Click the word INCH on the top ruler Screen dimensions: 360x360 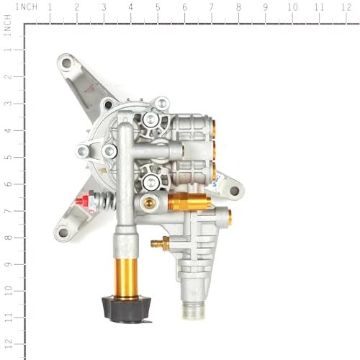click(x=27, y=6)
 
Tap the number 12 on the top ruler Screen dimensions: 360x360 click(x=346, y=7)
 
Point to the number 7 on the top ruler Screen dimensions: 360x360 click(x=211, y=7)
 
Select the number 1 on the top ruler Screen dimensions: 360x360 click(x=50, y=7)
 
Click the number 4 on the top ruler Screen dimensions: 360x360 click(x=130, y=7)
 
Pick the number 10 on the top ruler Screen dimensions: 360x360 click(x=292, y=7)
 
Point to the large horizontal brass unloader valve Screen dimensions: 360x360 click(x=189, y=202)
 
